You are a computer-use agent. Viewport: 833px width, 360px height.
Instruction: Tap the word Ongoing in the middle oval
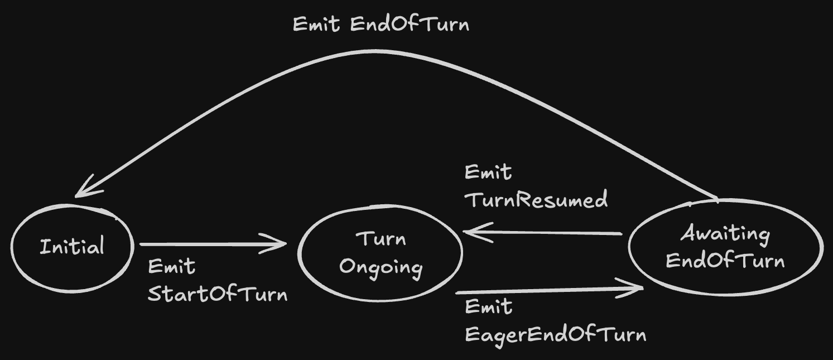pyautogui.click(x=381, y=268)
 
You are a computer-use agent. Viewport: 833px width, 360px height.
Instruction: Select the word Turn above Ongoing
pyautogui.click(x=381, y=239)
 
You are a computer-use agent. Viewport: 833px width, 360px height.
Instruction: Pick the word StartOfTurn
pyautogui.click(x=218, y=294)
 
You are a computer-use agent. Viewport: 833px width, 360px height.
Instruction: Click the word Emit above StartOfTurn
pyautogui.click(x=171, y=267)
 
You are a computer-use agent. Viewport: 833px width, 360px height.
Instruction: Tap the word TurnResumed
pyautogui.click(x=536, y=199)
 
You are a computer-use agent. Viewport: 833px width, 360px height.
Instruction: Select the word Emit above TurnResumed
pyautogui.click(x=488, y=172)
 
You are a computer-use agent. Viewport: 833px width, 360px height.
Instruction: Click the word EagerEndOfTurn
pyautogui.click(x=556, y=335)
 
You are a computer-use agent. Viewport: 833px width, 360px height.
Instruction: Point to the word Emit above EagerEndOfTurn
pyautogui.click(x=489, y=307)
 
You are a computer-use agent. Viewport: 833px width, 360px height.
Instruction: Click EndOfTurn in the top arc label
pyautogui.click(x=410, y=25)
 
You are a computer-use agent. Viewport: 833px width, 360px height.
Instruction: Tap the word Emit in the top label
pyautogui.click(x=316, y=25)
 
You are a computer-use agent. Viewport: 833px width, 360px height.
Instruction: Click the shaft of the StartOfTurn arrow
pyautogui.click(x=213, y=244)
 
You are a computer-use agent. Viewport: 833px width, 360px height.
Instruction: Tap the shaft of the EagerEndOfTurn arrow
pyautogui.click(x=549, y=290)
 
